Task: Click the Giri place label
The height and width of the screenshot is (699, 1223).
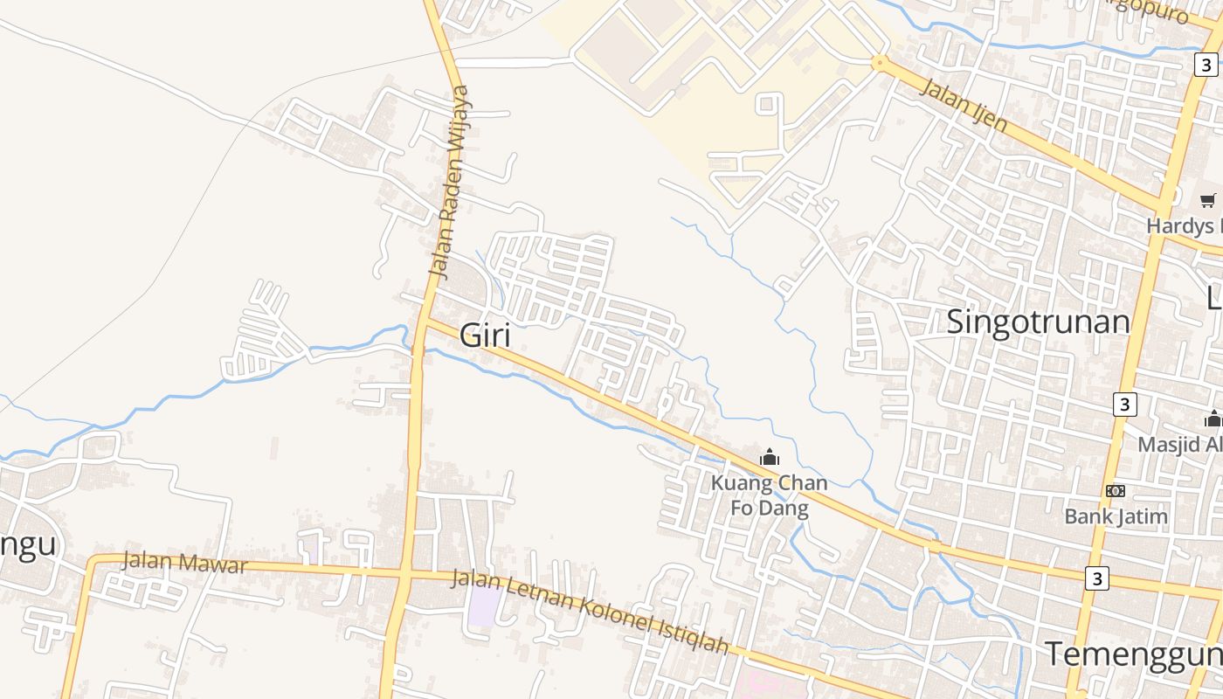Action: (x=485, y=336)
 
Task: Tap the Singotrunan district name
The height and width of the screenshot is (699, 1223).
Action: (x=1038, y=322)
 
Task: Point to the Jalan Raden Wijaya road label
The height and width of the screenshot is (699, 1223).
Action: (x=450, y=182)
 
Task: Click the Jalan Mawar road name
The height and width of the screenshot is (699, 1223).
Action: (x=184, y=562)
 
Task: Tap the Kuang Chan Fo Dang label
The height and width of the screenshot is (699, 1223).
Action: (x=769, y=495)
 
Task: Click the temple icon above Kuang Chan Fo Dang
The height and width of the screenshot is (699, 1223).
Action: (x=769, y=457)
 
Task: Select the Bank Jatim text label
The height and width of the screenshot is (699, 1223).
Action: (x=1116, y=516)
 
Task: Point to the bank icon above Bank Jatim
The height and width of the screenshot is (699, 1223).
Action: (x=1116, y=491)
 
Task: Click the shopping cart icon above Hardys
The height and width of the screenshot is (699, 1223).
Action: (x=1207, y=201)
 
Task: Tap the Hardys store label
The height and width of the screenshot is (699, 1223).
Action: (x=1184, y=225)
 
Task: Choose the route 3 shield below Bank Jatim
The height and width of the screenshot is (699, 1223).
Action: (x=1097, y=578)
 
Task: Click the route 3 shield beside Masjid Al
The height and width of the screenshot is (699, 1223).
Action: (x=1125, y=405)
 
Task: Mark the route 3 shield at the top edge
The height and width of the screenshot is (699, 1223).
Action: (x=1206, y=65)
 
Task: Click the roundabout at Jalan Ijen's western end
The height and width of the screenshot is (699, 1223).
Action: (x=879, y=62)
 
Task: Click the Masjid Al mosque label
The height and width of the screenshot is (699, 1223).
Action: (x=1179, y=444)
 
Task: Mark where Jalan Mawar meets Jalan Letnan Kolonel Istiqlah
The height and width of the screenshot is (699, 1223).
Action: (x=404, y=574)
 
